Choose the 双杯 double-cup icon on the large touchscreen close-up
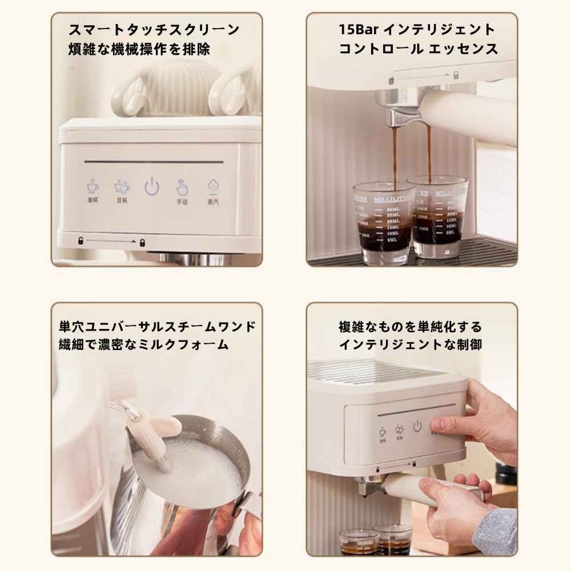[x=122, y=187]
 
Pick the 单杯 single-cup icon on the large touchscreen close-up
[x=93, y=187]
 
